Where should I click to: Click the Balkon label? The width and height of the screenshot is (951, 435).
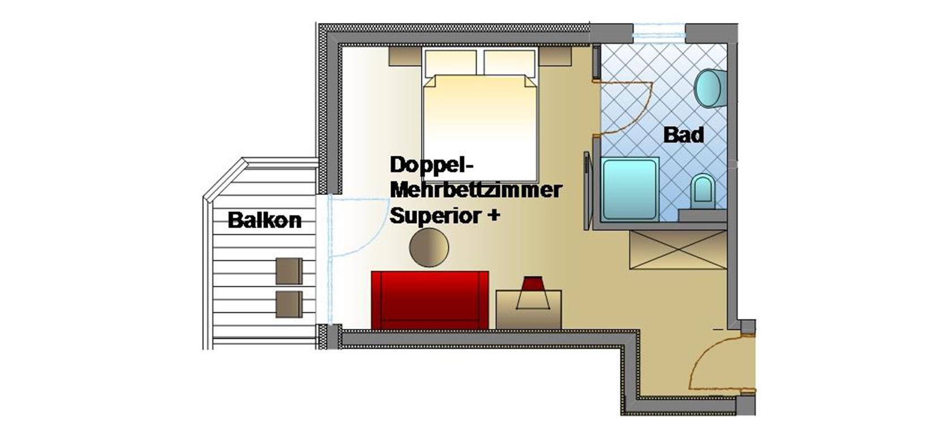tap(264, 220)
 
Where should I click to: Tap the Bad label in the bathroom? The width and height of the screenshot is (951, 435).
tap(684, 134)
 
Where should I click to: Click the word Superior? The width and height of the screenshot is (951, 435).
tap(435, 215)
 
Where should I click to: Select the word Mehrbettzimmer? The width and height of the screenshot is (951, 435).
tap(476, 190)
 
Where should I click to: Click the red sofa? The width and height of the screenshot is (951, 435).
tap(430, 300)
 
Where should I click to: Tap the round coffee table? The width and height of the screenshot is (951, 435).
tap(429, 248)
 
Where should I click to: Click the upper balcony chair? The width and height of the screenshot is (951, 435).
tap(289, 271)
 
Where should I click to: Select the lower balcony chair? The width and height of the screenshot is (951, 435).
tap(289, 304)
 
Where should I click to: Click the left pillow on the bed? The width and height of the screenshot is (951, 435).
tap(451, 62)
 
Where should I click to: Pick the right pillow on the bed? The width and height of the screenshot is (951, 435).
tap(509, 62)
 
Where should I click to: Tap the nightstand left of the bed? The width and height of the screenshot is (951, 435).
tap(405, 56)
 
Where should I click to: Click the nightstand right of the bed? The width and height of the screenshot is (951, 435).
tap(555, 56)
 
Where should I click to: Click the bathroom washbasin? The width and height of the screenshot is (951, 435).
tap(710, 88)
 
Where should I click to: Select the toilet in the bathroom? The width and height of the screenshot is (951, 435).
tap(702, 191)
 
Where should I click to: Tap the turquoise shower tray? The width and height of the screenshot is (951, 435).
tap(630, 189)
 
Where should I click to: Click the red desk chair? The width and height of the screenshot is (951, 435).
tap(533, 293)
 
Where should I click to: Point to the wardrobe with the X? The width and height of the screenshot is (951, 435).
tap(678, 250)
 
